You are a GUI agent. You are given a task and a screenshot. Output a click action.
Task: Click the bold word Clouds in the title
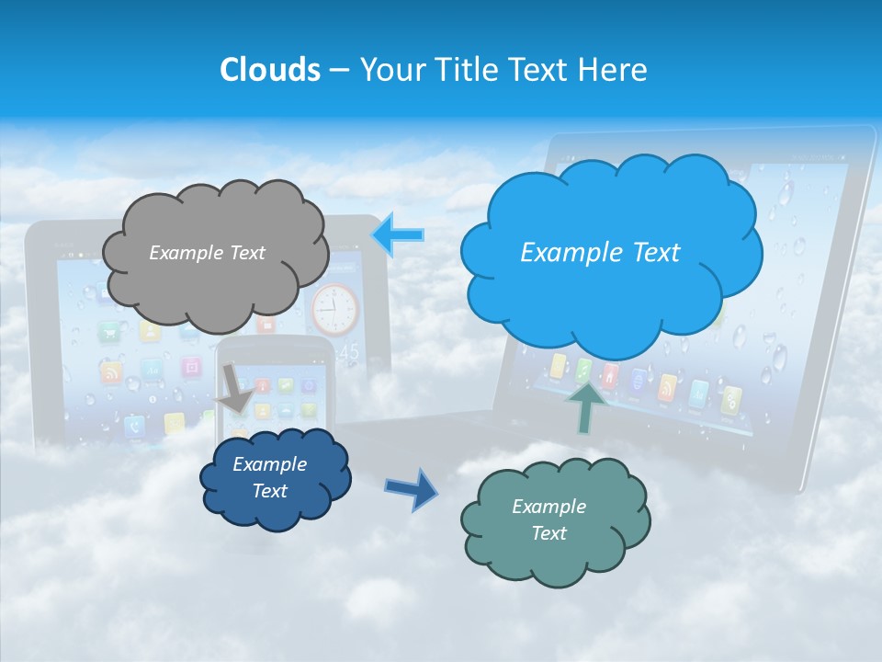(x=270, y=70)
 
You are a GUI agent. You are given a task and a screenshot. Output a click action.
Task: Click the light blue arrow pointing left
(x=398, y=235)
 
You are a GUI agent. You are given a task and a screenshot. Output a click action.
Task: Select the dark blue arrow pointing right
(x=412, y=488)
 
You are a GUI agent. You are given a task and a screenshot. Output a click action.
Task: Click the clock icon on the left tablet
(x=335, y=309)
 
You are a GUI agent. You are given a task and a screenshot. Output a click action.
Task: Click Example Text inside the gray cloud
(x=207, y=253)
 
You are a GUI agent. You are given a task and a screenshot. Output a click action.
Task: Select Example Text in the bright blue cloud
(x=600, y=253)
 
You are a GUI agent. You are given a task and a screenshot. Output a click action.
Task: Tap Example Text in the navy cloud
(x=270, y=477)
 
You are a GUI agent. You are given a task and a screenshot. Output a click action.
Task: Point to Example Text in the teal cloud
(x=548, y=519)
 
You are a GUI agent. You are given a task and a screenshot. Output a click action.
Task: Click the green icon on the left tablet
(x=111, y=332)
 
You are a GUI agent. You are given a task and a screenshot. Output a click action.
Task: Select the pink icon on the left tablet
(x=191, y=368)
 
